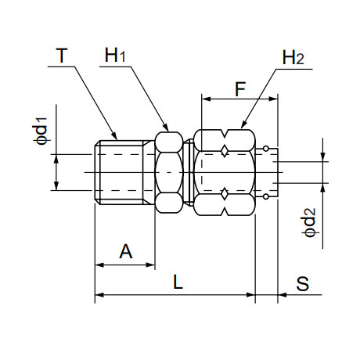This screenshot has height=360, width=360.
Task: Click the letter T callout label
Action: pos(62,56)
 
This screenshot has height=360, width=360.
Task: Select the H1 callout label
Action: pos(115,55)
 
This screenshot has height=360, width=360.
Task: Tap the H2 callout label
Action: pos(293,58)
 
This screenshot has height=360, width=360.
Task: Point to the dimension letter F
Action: pos(240,89)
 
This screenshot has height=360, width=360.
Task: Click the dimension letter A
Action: pos(126,251)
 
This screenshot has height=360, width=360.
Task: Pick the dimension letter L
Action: pos(178,282)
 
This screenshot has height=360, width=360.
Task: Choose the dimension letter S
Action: pos(303,283)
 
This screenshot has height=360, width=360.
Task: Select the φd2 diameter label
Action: pos(310,222)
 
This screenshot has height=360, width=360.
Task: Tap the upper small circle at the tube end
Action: pos(265,149)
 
